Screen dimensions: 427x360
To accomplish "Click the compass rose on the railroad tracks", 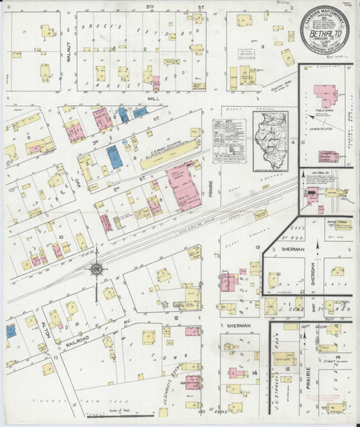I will pyautogui.click(x=96, y=269).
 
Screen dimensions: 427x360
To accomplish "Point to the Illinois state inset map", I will pyautogui.click(x=268, y=139).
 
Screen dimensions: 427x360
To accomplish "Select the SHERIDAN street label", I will pyautogui.click(x=314, y=274).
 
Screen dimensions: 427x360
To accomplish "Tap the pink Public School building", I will pyautogui.click(x=321, y=96).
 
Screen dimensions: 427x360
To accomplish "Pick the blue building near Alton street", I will pyautogui.click(x=11, y=331).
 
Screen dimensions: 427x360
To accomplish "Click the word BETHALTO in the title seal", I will pyautogui.click(x=324, y=32).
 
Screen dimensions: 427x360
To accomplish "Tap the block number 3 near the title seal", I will pyautogui.click(x=263, y=47).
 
